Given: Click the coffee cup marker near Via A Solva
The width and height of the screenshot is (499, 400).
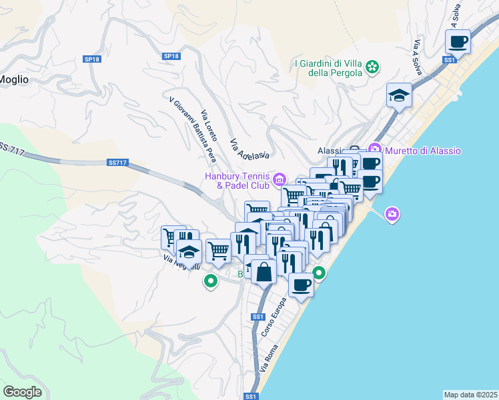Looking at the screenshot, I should pos(458,42).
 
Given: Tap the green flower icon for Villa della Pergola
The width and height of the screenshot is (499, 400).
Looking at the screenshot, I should pos(372,66).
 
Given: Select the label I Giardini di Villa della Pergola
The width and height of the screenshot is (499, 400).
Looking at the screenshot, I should pos(328,68).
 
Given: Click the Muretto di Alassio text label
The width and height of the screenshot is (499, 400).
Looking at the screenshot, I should pos(423,151).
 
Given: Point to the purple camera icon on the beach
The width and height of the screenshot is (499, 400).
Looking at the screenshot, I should pos(392,214).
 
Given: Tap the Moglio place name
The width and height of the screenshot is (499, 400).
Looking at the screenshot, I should pos(14,79).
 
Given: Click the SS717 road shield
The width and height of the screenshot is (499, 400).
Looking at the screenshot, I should pos(117,163).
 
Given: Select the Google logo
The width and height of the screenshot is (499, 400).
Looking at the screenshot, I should pos(23,392).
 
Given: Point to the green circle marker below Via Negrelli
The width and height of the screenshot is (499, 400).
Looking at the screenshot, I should pos(211,281).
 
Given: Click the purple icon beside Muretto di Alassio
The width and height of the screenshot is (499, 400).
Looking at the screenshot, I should pos(375,151).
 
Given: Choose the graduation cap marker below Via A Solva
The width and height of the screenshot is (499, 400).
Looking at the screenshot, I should pos(399,95).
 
